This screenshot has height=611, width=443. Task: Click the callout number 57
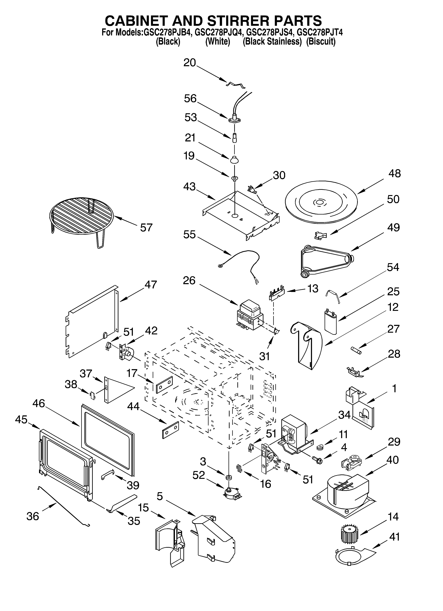(146, 228)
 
